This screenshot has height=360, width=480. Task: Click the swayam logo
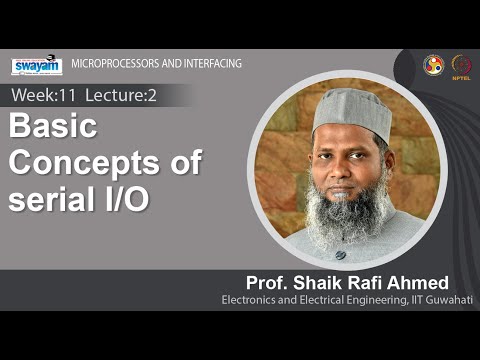[36, 65]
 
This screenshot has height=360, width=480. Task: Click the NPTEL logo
[462, 66]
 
